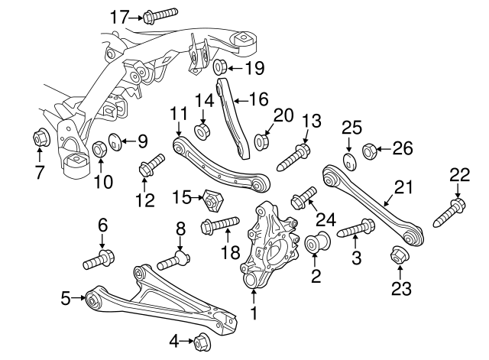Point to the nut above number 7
click(40, 139)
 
